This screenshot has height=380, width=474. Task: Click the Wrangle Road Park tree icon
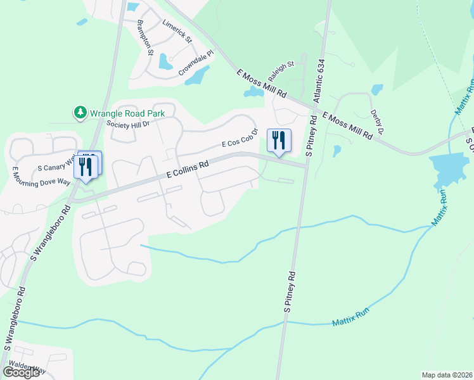click(80, 113)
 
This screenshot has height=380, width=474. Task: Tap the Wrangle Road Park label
click(127, 113)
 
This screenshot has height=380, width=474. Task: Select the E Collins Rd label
click(188, 169)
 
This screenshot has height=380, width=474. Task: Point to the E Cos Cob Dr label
click(240, 138)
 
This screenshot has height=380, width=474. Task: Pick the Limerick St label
click(177, 31)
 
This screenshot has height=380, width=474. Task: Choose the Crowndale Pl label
click(196, 64)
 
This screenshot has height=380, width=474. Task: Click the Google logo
click(21, 372)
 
